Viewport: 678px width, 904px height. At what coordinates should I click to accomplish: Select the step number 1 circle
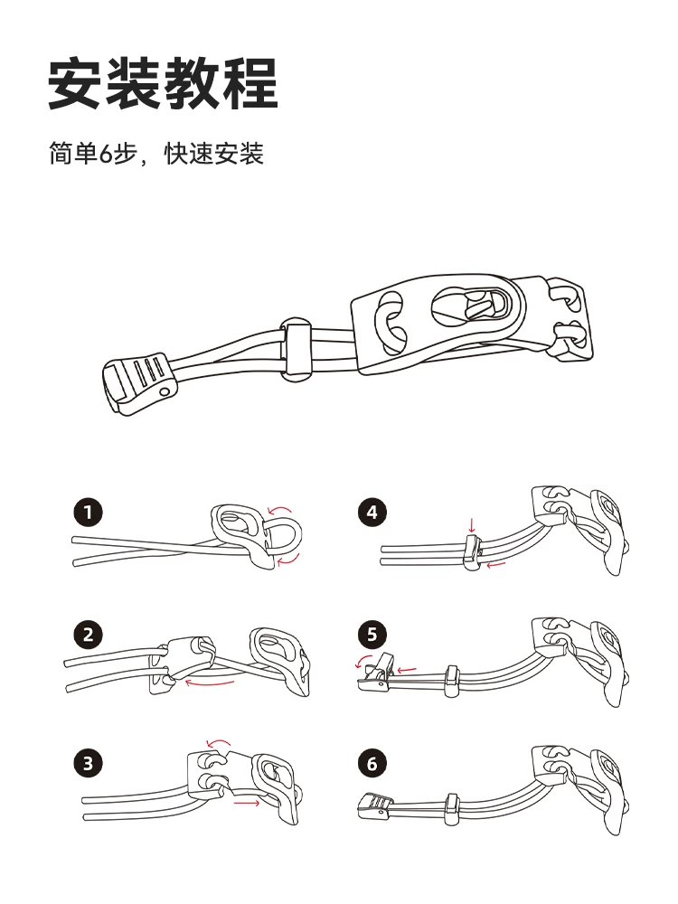coord(88,513)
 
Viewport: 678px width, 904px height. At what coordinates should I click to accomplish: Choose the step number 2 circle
coord(88,635)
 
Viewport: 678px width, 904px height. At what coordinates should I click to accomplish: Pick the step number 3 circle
coord(88,763)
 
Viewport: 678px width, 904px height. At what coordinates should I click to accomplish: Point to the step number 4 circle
coord(372,513)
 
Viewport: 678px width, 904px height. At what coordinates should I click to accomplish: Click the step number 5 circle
coord(372,635)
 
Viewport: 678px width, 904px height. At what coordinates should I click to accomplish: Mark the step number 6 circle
coord(372,763)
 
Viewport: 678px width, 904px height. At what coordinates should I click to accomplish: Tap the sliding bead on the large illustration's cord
coord(296,348)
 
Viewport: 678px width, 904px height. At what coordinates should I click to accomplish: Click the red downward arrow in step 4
coord(471,525)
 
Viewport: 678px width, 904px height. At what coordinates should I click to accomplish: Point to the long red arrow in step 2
coord(210,684)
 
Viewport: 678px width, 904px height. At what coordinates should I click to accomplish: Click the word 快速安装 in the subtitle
coord(213,154)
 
